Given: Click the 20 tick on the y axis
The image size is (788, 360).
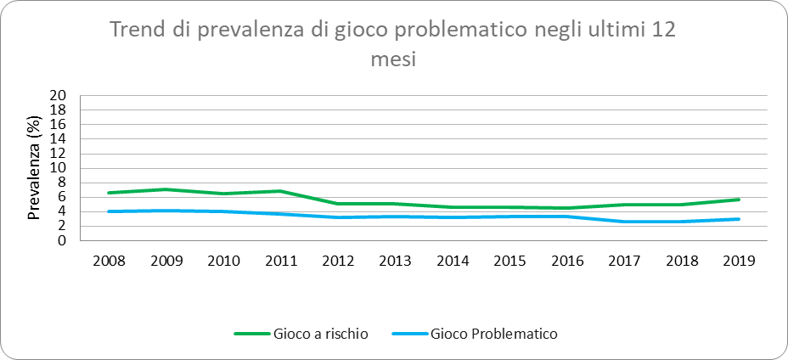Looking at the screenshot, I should click(59, 95).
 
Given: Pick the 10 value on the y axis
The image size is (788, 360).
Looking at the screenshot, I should click(59, 168).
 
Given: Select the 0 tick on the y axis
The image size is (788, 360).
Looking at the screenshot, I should click(62, 240).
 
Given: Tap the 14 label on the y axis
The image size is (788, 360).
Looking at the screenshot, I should click(59, 138).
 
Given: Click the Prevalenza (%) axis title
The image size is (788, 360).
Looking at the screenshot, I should click(35, 168).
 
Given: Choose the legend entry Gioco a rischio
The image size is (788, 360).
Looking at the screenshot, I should click(321, 334).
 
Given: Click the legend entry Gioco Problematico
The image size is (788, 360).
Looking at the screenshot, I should click(494, 334).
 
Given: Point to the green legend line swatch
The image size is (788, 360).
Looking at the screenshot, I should click(251, 334).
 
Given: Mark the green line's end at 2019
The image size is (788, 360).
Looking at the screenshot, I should click(738, 200).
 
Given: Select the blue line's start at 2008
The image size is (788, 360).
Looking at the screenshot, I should click(110, 211).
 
